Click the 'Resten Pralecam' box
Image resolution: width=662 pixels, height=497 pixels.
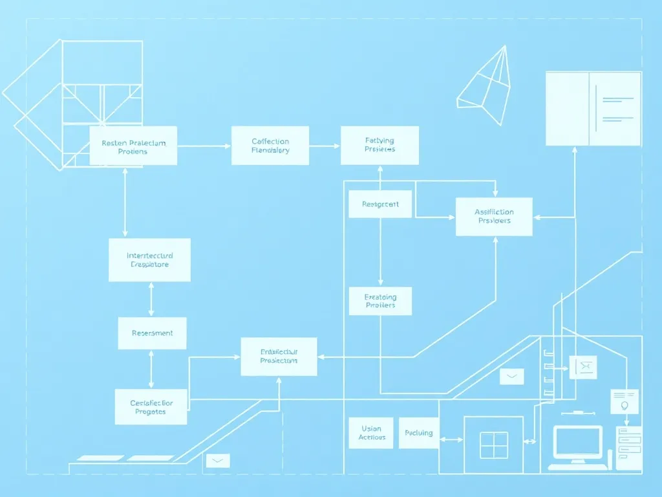(x=133, y=146)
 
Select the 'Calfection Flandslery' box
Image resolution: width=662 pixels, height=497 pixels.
(x=270, y=146)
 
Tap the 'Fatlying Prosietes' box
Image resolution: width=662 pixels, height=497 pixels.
(x=379, y=145)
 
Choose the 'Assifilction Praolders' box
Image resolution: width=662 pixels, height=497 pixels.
(x=494, y=216)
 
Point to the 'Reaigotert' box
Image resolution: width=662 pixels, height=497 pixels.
(x=380, y=204)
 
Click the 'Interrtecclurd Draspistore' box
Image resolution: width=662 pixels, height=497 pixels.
(x=149, y=260)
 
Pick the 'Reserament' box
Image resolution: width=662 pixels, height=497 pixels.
(x=152, y=333)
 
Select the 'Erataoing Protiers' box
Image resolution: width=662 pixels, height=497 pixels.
(x=380, y=301)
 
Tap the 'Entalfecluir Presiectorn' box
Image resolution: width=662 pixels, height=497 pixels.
(x=279, y=356)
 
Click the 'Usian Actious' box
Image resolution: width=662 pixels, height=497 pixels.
(x=371, y=433)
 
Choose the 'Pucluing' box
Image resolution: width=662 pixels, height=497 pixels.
(x=418, y=433)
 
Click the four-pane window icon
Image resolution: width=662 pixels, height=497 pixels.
(x=493, y=445)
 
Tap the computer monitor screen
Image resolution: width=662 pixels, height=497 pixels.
(x=577, y=442)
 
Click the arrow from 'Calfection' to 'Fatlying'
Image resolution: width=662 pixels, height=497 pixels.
(x=325, y=146)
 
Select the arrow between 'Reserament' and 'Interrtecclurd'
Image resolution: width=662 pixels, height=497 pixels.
(x=151, y=299)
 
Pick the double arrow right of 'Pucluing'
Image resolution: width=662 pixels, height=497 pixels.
(x=451, y=440)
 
